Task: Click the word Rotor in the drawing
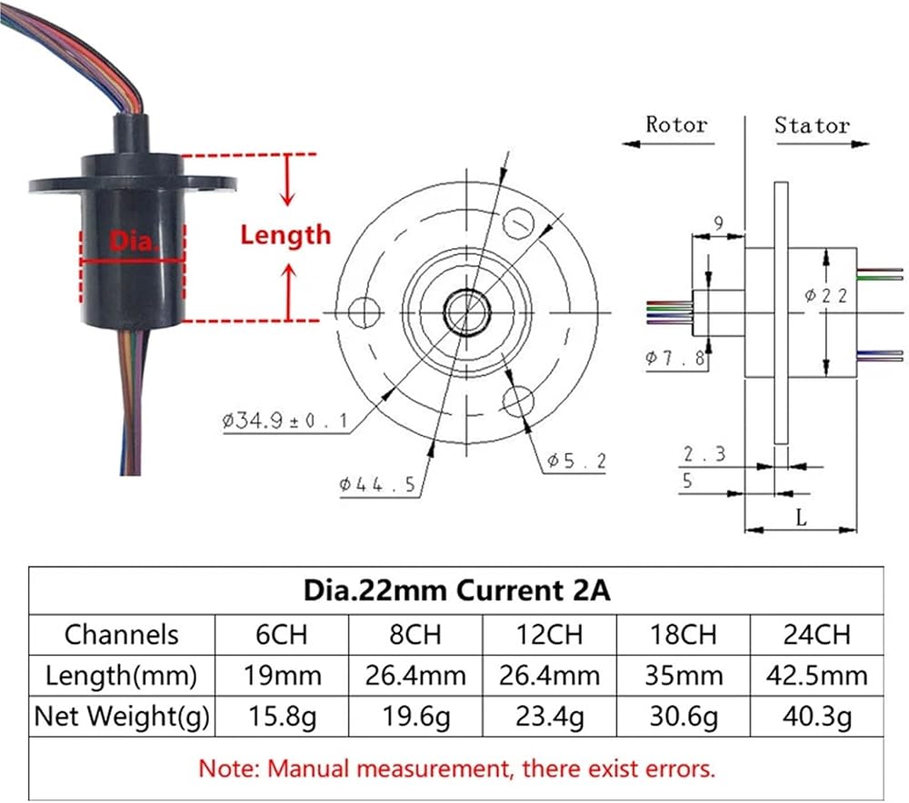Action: [x=676, y=124]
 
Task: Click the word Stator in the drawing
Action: [x=812, y=125]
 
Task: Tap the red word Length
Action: [x=285, y=235]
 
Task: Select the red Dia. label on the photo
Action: [x=134, y=241]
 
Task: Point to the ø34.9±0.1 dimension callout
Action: [x=285, y=420]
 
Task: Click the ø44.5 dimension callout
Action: [x=377, y=484]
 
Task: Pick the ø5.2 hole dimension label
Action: [x=576, y=461]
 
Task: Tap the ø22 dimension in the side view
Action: [x=826, y=296]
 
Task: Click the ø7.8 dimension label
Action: [x=676, y=358]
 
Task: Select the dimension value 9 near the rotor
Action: [x=719, y=223]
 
